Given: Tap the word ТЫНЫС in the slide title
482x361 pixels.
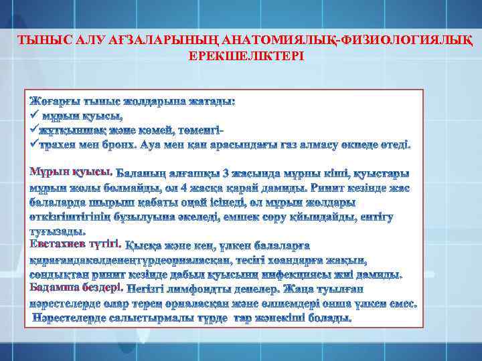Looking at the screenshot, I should pyautogui.click(x=38, y=40).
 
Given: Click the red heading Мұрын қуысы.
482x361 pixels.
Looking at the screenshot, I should pyautogui.click(x=72, y=172).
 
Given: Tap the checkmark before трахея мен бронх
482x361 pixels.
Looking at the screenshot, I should pyautogui.click(x=34, y=144).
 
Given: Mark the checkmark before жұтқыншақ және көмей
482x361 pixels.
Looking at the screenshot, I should pyautogui.click(x=34, y=130).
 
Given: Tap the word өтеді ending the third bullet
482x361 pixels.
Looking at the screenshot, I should pyautogui.click(x=396, y=144).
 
